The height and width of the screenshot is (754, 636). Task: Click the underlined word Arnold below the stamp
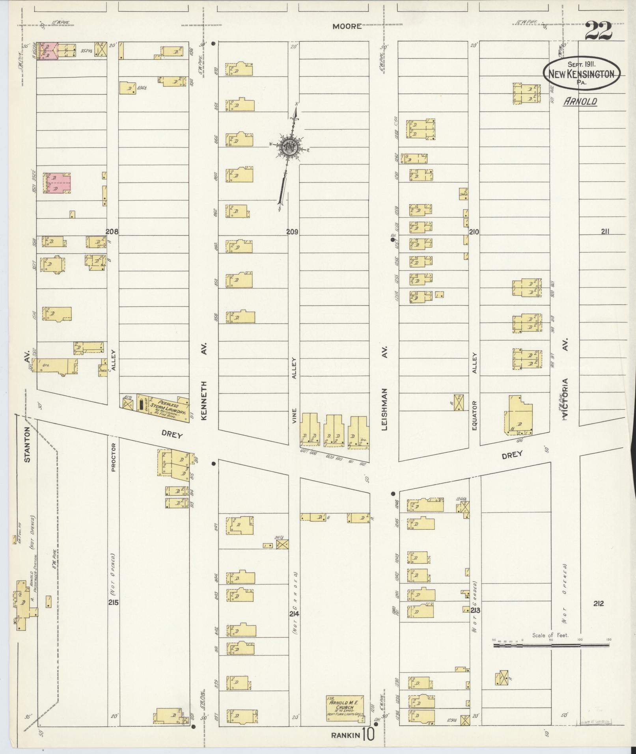click(580, 101)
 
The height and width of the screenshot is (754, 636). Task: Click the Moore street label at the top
click(347, 26)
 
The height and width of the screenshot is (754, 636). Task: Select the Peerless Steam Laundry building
click(163, 408)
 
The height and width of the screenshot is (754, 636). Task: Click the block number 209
click(292, 232)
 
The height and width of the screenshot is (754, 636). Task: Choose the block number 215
click(114, 602)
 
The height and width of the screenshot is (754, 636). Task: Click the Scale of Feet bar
click(551, 646)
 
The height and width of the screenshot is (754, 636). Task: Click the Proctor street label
click(113, 457)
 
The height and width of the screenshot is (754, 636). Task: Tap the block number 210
click(474, 232)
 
